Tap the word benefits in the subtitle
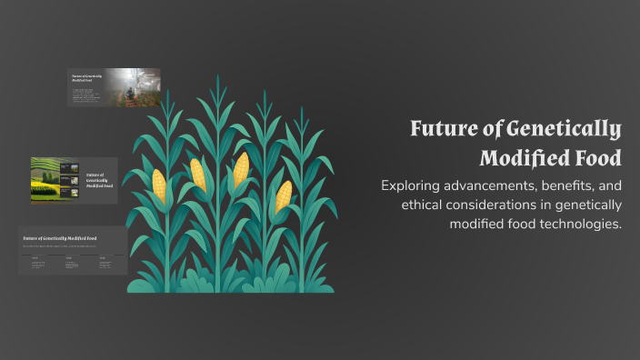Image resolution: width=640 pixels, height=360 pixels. [572, 185]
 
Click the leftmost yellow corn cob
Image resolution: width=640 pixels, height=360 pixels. [159, 185]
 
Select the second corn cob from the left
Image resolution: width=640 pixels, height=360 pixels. [197, 175]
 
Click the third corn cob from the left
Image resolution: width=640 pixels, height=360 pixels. [241, 169]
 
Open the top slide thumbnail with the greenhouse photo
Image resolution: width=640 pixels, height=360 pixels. [114, 87]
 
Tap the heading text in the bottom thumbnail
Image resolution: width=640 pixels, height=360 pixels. [60, 238]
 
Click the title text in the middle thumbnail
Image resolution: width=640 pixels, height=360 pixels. [95, 179]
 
